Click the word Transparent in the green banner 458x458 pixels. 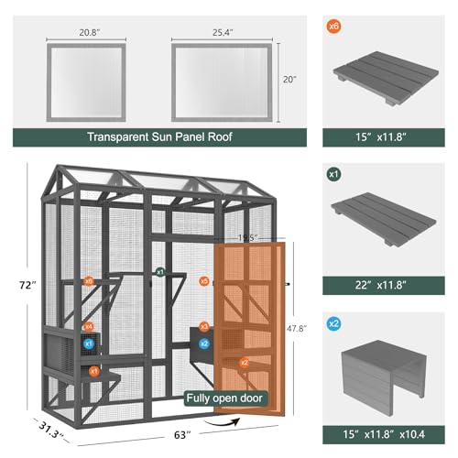[x=123, y=138]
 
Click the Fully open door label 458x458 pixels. [x=225, y=398]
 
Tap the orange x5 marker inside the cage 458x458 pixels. [x=204, y=281]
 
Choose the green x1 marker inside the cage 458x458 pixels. [x=159, y=272]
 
